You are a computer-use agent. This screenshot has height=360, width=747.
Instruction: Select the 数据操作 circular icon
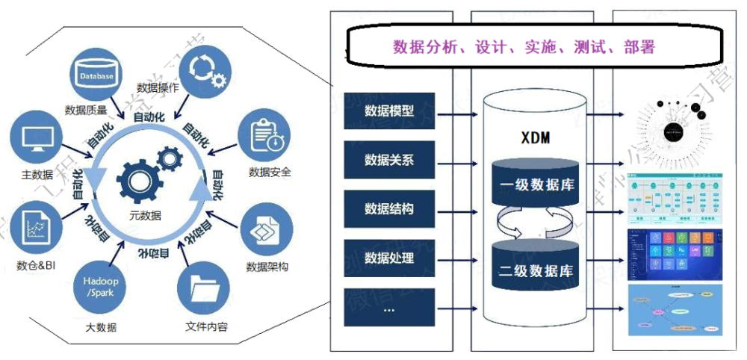(202, 67)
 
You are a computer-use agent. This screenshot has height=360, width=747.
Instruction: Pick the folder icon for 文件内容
(204, 291)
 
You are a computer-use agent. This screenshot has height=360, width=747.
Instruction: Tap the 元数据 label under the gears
(144, 215)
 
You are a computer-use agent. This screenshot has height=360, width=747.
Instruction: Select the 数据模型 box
(389, 111)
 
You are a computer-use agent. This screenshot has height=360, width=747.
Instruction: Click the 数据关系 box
(389, 160)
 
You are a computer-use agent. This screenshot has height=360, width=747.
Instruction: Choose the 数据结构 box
(389, 208)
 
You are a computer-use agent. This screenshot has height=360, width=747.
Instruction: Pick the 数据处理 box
(389, 258)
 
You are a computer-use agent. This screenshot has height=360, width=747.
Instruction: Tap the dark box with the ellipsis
(389, 307)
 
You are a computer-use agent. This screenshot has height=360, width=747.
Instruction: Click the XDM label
(536, 138)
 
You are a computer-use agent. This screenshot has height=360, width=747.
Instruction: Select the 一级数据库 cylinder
(536, 184)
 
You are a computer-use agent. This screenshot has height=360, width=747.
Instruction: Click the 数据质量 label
(89, 111)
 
